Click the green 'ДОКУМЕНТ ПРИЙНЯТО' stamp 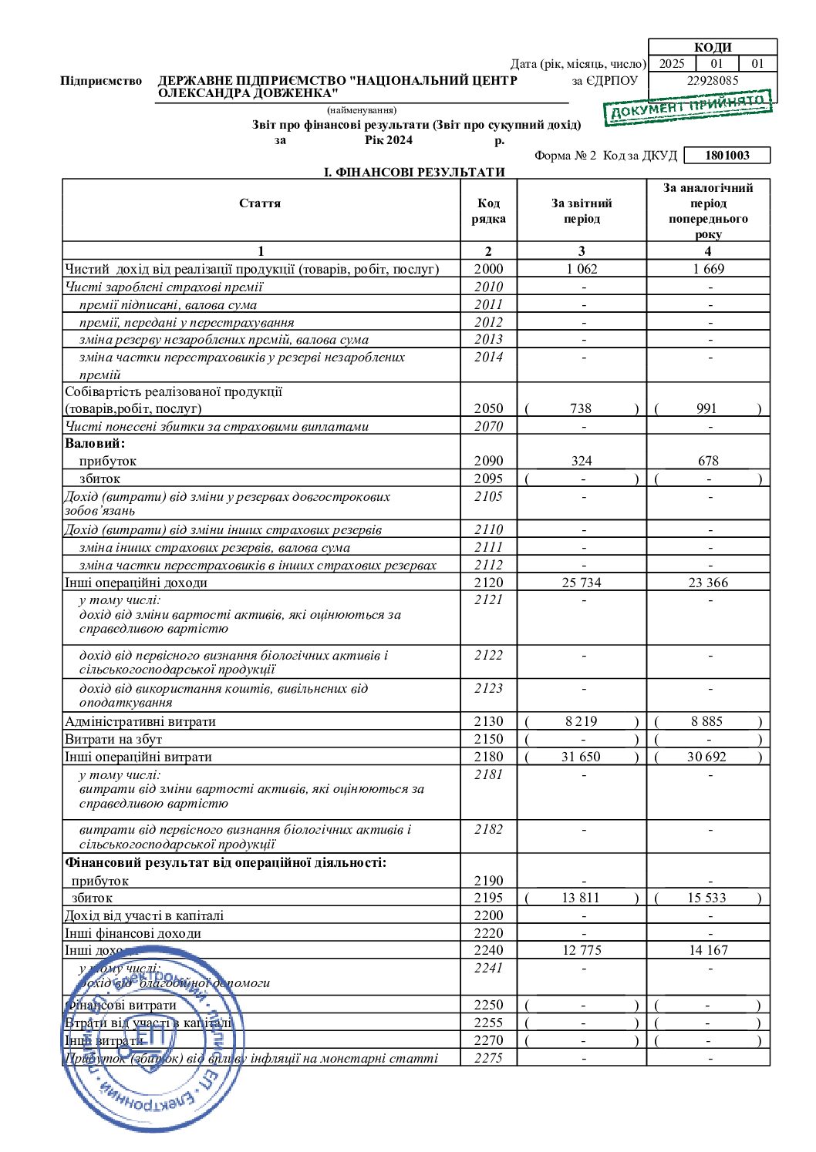click(x=688, y=106)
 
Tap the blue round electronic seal click(x=153, y=1039)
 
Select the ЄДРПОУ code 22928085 click(x=712, y=80)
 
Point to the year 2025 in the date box click(x=672, y=64)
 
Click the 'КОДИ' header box click(x=712, y=47)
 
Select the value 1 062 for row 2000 click(x=581, y=269)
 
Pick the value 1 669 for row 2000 click(x=708, y=269)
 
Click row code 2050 click(x=488, y=408)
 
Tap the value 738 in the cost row click(x=581, y=408)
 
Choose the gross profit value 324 click(x=582, y=461)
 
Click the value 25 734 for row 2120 click(x=582, y=583)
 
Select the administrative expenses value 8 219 click(x=581, y=721)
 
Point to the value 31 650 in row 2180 click(x=581, y=757)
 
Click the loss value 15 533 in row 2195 click(x=707, y=898)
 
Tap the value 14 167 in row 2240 click(x=708, y=950)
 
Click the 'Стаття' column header click(x=260, y=203)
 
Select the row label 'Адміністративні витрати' click(x=140, y=721)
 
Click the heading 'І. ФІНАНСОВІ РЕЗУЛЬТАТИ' click(x=414, y=172)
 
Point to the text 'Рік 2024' click(x=389, y=140)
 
